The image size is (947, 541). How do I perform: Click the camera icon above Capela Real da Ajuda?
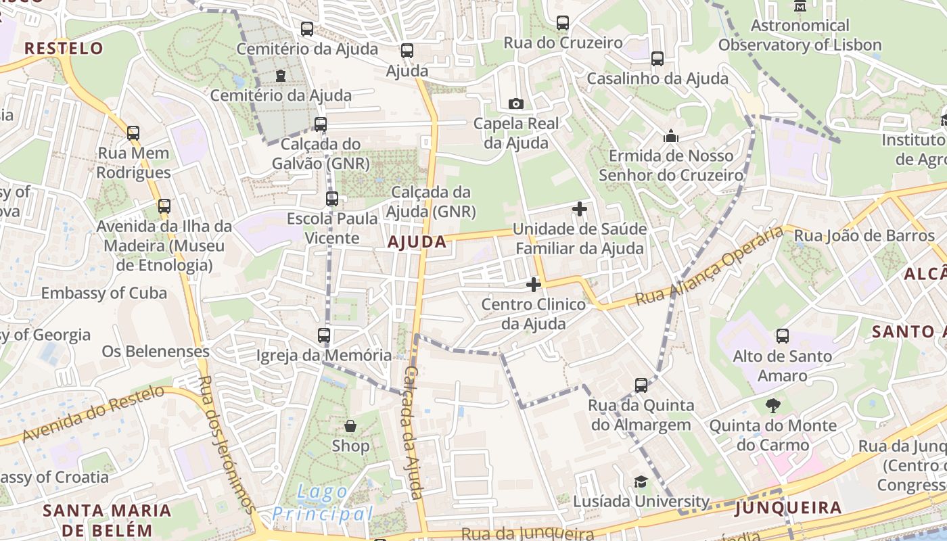516,103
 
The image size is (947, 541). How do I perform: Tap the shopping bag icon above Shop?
350,426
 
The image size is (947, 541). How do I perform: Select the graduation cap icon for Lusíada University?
640,481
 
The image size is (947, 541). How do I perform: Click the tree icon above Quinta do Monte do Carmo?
772,406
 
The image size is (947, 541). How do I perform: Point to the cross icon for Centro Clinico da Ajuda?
534,285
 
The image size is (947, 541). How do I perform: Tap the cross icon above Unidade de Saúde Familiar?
580,209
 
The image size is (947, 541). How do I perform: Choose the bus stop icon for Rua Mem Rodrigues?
133,133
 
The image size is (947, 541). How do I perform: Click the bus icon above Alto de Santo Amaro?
782,336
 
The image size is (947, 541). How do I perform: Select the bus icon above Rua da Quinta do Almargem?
641,385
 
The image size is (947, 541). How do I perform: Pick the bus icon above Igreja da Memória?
324,335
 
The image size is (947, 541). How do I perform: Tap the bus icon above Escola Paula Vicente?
331,199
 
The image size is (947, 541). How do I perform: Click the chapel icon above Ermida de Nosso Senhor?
671,136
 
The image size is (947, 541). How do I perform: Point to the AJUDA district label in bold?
417,242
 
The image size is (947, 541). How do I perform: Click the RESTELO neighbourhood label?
64,48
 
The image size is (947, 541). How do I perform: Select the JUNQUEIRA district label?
788,508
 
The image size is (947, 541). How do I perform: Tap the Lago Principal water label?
322,503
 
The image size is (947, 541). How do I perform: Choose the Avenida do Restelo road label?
93,413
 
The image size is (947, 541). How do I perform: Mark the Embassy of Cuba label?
104,293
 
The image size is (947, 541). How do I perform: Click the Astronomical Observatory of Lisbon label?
800,36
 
